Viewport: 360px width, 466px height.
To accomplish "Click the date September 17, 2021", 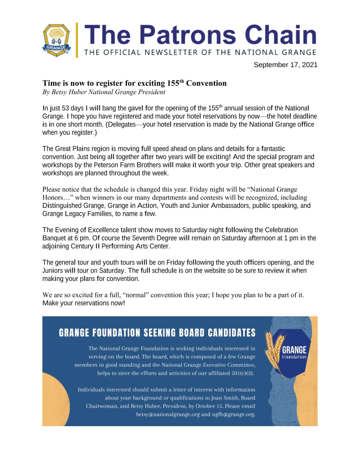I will tap(285, 65).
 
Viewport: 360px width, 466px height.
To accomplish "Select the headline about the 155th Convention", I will tap(135, 83).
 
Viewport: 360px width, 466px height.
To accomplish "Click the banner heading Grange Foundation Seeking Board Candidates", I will tap(157, 333).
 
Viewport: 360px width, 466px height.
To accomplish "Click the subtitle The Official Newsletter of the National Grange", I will tap(200, 52).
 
